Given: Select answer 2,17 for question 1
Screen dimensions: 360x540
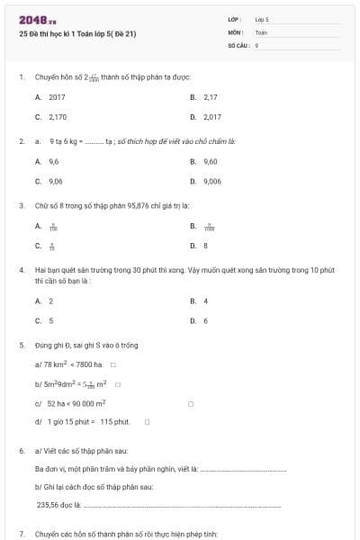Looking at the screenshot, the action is coord(211,96).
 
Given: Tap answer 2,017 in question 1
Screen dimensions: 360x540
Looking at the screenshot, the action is coord(212,117).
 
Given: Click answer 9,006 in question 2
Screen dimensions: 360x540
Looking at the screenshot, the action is coord(212,181).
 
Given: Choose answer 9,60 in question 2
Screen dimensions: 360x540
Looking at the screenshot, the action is coord(211,161).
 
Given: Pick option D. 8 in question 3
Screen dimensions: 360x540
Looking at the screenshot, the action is coord(205,245).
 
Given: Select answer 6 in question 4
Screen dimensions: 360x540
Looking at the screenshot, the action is coord(205,320).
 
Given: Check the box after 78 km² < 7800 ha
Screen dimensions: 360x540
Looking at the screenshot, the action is coord(112,364).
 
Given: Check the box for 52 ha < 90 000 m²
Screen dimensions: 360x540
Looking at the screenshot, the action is coord(190,403).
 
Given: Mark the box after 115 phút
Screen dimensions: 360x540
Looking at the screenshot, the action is coord(147,421).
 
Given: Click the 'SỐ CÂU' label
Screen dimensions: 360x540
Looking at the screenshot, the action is coord(238,43).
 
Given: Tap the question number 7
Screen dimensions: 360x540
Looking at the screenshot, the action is coord(21,534).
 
